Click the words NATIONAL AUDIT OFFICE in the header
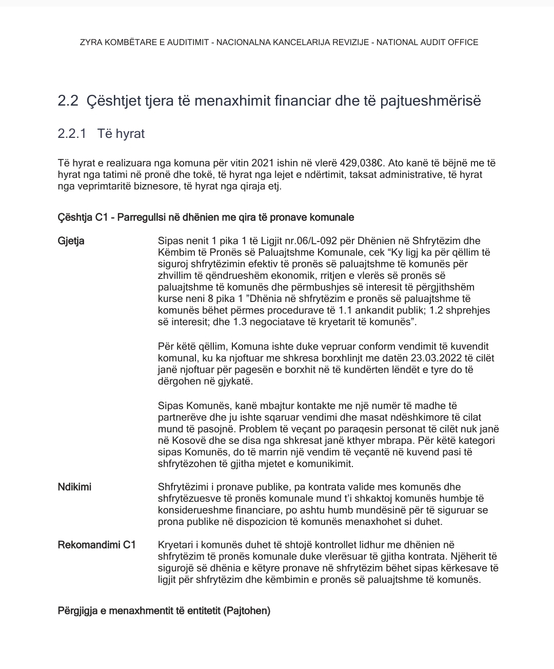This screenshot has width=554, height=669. pos(427,43)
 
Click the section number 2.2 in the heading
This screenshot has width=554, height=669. pos(68,101)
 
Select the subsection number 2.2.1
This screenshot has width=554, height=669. pos(72,134)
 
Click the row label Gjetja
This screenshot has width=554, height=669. pos(71,241)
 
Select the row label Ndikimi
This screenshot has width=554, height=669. pos(74,487)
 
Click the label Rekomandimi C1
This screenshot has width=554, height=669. pos(96,545)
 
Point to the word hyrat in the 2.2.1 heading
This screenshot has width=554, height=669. pos(130,134)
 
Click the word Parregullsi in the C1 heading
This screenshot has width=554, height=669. pos(138,217)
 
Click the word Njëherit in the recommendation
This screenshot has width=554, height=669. pos(468,557)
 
